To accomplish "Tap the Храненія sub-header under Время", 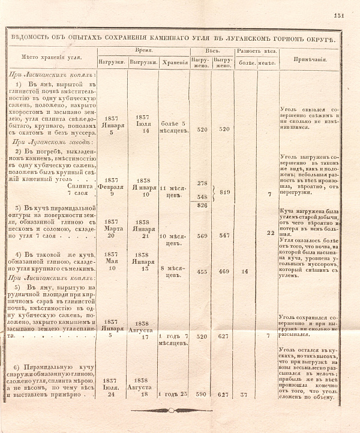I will pos(173,62).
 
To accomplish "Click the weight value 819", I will pos(225,192).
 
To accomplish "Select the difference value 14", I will pos(245,271).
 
